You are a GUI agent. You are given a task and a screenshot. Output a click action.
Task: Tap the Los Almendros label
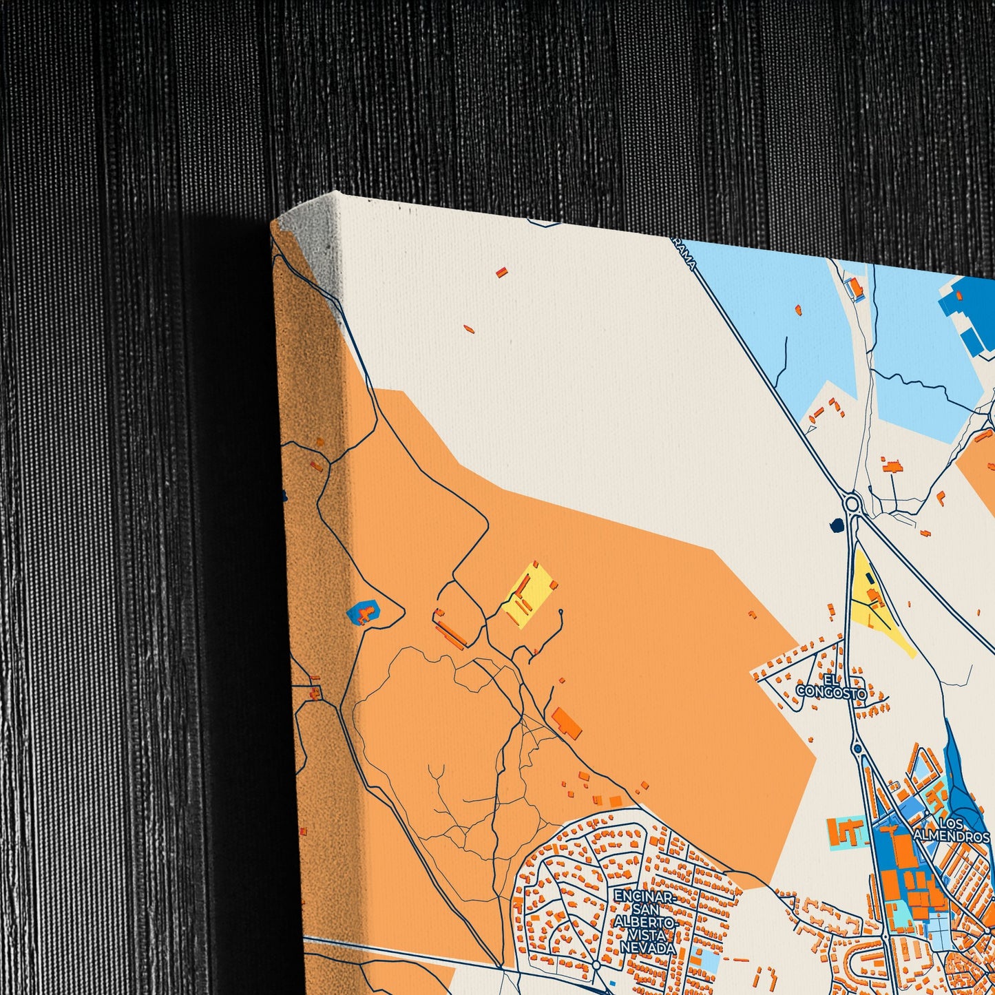(x=951, y=830)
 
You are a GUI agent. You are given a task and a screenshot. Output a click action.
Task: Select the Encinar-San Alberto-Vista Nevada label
(x=644, y=922)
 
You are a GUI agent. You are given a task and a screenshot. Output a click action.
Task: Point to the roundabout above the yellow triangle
(x=853, y=505)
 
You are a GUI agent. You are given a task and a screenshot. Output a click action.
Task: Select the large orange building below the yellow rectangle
(x=566, y=722)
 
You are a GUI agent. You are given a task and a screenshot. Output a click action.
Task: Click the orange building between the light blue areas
(x=855, y=287)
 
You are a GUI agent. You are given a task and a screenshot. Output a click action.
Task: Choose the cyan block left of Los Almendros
(x=846, y=833)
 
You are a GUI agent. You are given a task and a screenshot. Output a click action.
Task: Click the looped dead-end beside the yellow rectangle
(x=561, y=612)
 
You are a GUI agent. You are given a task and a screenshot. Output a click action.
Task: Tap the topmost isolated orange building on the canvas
(x=501, y=273)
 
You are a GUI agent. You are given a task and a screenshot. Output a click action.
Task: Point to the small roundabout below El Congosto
(x=857, y=748)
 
